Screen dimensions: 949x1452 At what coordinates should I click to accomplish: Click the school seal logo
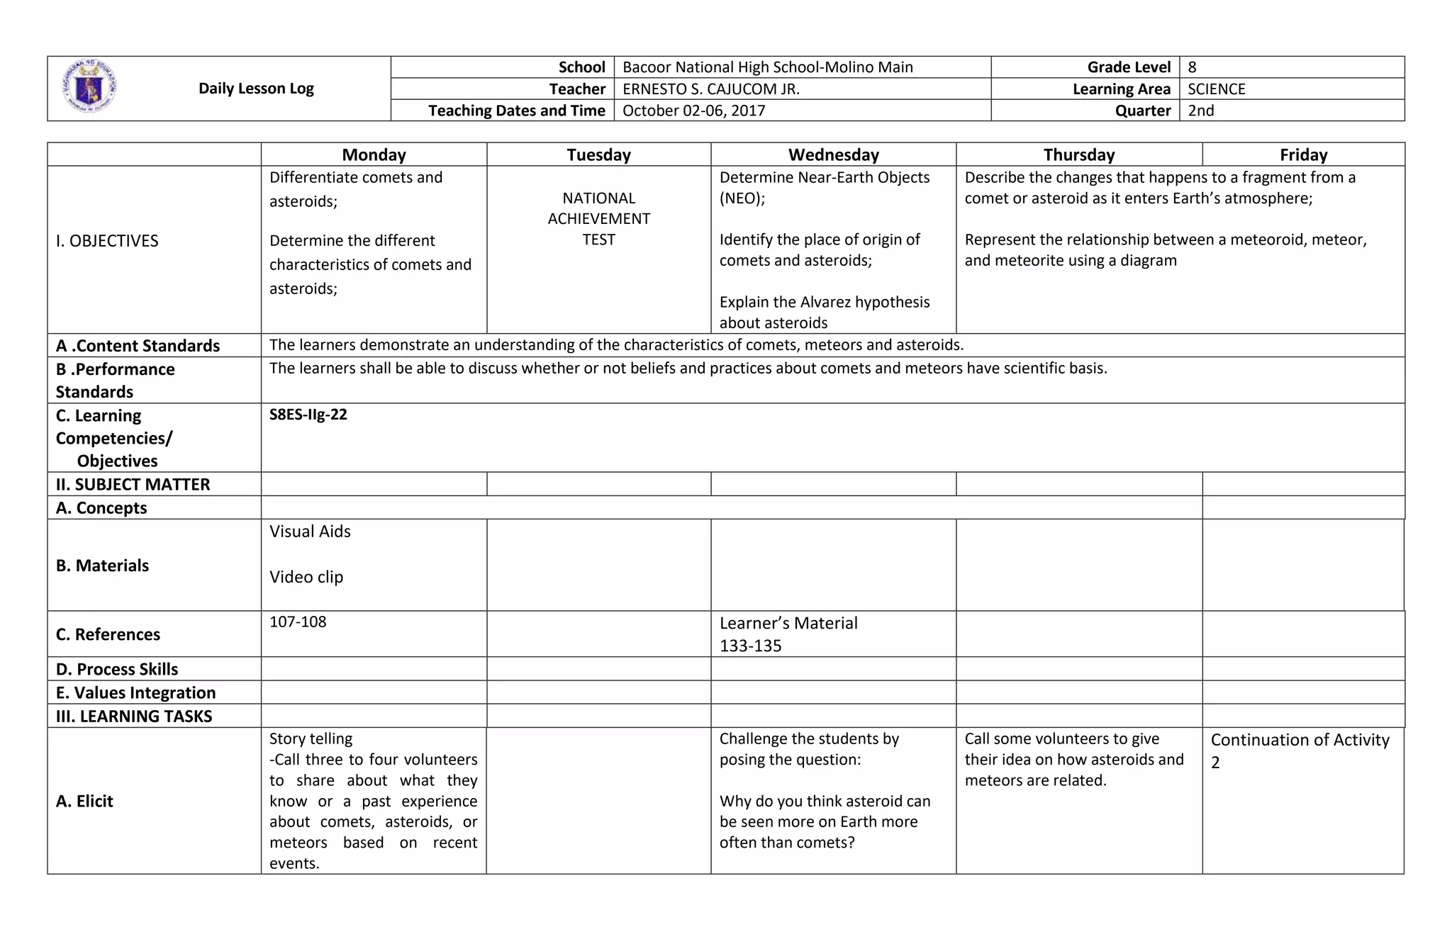point(89,87)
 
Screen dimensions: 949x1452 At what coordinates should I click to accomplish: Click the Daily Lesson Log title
point(256,89)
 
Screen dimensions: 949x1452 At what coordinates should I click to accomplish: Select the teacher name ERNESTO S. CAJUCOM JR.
point(710,89)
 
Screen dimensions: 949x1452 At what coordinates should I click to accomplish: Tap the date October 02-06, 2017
point(693,111)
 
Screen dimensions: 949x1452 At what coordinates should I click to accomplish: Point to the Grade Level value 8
point(1192,67)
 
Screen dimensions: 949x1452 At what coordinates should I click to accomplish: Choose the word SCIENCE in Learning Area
point(1216,89)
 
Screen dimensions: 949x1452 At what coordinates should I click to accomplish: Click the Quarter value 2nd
point(1200,111)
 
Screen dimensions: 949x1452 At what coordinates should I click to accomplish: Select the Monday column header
point(374,155)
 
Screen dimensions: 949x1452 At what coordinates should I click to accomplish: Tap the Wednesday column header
point(833,155)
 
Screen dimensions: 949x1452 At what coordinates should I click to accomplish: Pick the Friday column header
point(1303,155)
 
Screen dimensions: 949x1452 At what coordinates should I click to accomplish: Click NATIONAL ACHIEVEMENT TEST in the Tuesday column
point(598,218)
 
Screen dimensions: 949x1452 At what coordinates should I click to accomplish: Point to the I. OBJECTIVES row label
point(107,241)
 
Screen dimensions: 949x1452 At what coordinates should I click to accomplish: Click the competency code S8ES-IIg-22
point(308,415)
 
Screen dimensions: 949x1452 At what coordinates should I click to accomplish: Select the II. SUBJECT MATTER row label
point(133,485)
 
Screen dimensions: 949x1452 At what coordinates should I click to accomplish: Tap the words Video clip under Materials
point(306,577)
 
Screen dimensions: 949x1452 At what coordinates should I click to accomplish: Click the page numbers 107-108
point(298,622)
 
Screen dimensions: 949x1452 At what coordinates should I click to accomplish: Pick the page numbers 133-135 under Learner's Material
point(750,646)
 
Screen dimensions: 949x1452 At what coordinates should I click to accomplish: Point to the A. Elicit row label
point(84,801)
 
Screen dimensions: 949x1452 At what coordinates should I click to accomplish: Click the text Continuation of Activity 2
point(1299,750)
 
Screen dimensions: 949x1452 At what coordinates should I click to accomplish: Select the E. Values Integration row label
point(135,692)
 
